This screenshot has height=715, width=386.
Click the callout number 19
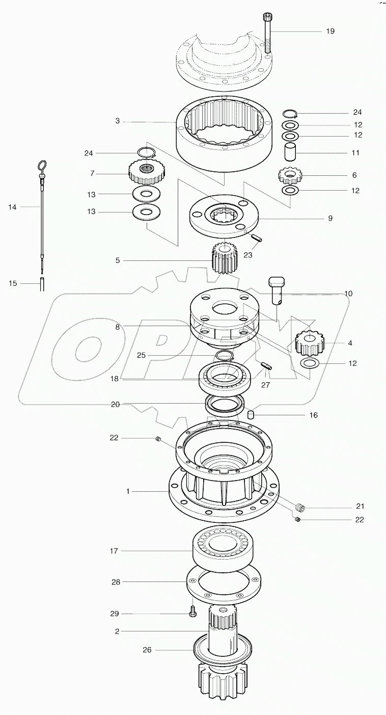tap(330, 31)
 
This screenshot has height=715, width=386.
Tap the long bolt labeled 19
tap(268, 33)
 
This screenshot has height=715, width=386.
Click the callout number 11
tap(355, 152)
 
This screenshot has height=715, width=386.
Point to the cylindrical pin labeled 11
tap(291, 152)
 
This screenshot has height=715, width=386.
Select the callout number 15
tap(13, 283)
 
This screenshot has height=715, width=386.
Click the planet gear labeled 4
tap(310, 343)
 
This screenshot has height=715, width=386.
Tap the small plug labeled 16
tap(251, 415)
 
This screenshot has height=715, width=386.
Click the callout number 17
tap(114, 551)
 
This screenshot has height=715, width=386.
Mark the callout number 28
tap(116, 581)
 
